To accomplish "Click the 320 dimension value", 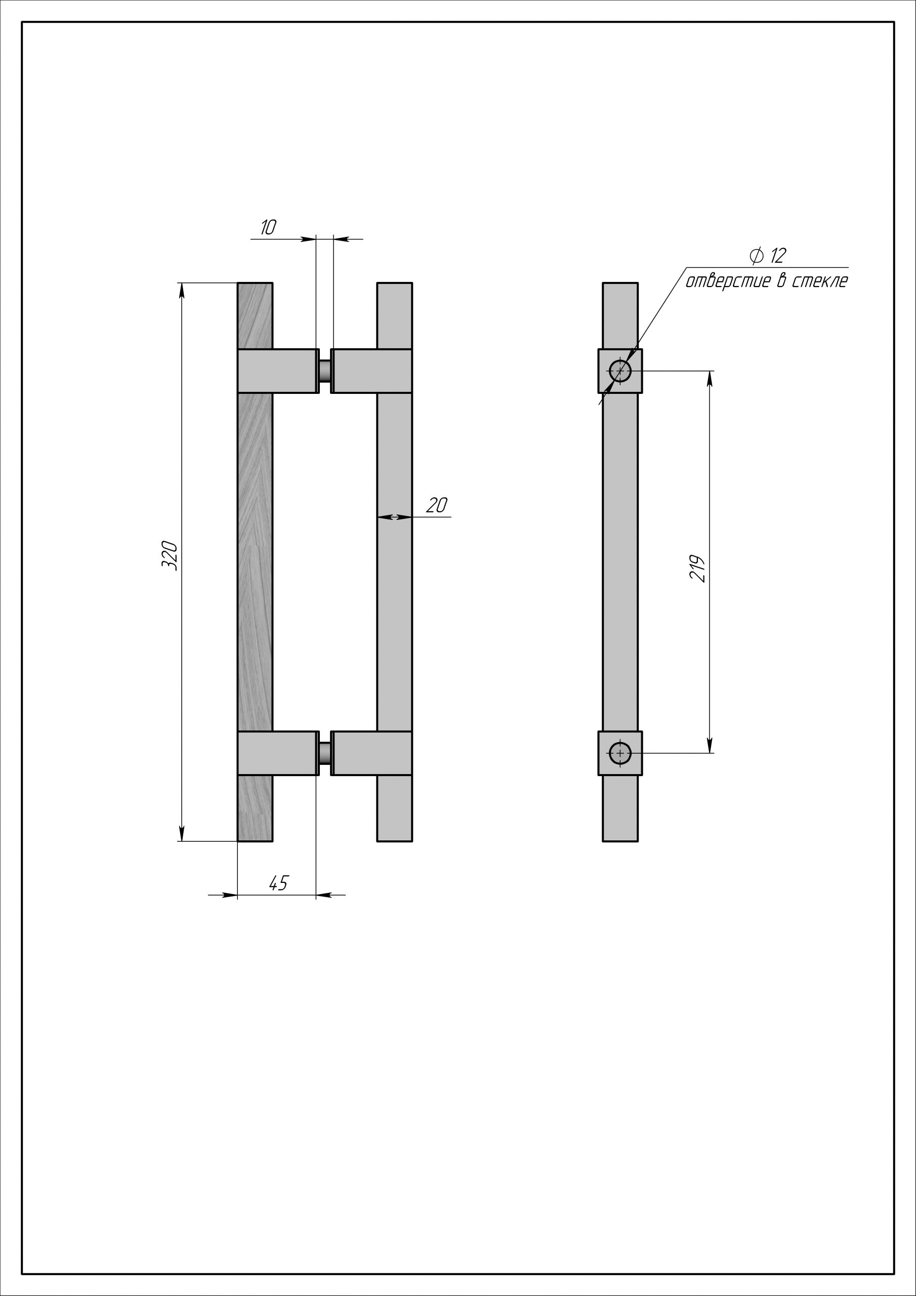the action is click(x=170, y=555).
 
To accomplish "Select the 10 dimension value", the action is click(x=268, y=227).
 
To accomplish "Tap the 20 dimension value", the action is click(x=437, y=505).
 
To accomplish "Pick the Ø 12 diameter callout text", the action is click(x=768, y=256).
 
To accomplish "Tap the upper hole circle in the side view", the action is click(x=620, y=371).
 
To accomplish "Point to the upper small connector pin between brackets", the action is click(x=324, y=371).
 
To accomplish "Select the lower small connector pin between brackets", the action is click(x=324, y=753).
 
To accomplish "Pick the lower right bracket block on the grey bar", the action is click(x=371, y=753).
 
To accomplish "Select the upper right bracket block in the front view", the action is click(x=371, y=371).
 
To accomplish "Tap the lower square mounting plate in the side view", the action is click(x=620, y=753).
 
